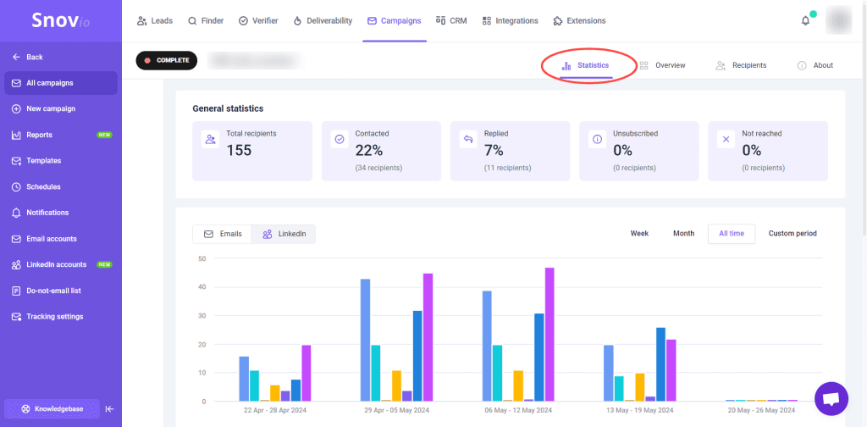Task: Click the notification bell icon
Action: [x=805, y=20]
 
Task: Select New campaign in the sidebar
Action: [x=51, y=108]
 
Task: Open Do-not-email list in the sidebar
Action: [x=53, y=291]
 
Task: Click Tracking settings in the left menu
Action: [x=54, y=317]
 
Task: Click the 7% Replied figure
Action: [x=494, y=151]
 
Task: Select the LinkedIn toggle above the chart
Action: [x=284, y=234]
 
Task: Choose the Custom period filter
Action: [x=792, y=234]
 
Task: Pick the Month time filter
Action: [x=683, y=234]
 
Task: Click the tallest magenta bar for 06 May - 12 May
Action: [x=549, y=334]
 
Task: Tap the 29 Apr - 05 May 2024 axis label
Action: [x=397, y=409]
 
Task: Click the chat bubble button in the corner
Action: [x=831, y=398]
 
